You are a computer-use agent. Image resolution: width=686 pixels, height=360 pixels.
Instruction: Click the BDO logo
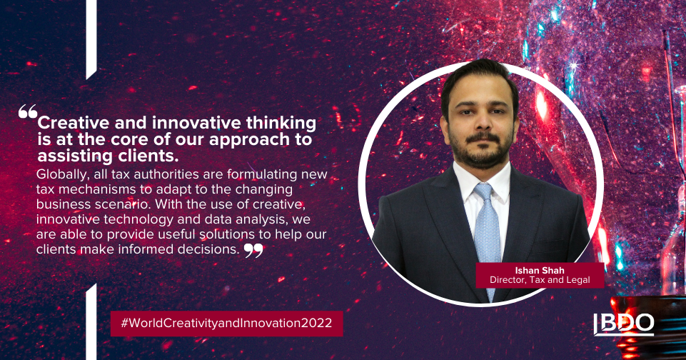click(x=623, y=324)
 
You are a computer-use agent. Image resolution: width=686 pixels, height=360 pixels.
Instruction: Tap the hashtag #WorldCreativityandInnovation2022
click(x=226, y=323)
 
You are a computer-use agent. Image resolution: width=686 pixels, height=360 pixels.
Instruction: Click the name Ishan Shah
click(x=540, y=270)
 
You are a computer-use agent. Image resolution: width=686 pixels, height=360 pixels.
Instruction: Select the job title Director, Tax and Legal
click(x=540, y=280)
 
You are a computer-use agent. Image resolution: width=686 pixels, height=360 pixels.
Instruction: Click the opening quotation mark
click(x=28, y=111)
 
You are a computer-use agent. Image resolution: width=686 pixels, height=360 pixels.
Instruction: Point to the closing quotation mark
click(x=253, y=251)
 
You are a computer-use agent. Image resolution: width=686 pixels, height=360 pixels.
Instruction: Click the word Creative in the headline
click(x=74, y=123)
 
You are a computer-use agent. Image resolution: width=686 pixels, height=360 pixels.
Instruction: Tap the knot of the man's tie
click(x=484, y=193)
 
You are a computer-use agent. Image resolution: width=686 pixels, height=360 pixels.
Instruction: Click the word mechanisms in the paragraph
click(x=96, y=189)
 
